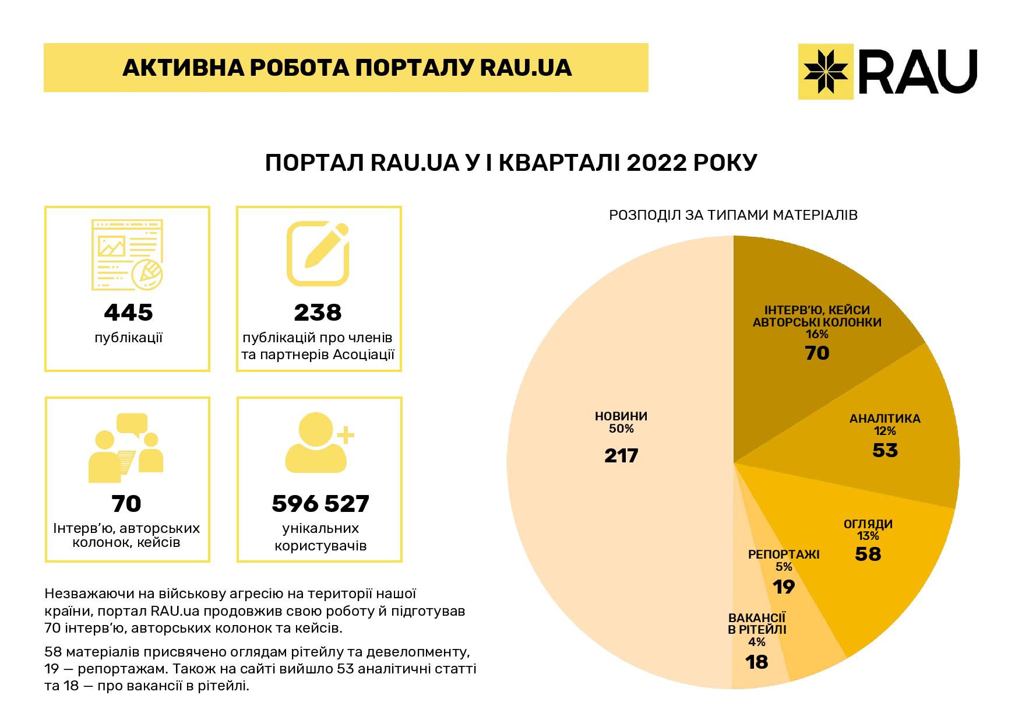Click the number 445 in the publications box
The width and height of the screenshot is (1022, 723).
click(x=128, y=313)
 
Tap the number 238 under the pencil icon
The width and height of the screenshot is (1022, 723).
click(x=318, y=313)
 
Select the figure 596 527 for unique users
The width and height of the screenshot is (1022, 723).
click(x=320, y=504)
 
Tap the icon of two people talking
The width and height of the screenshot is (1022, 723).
click(x=126, y=447)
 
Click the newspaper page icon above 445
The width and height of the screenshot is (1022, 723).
click(x=128, y=255)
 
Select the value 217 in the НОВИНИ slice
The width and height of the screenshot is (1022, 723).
click(x=621, y=455)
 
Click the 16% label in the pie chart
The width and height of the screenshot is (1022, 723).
click(x=817, y=335)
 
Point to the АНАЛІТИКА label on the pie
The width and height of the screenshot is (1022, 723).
click(x=884, y=419)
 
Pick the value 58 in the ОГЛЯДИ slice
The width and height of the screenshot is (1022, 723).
click(x=868, y=553)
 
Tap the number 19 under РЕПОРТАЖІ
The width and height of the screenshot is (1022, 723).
click(x=784, y=587)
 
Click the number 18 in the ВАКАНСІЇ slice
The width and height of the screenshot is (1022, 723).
click(x=757, y=662)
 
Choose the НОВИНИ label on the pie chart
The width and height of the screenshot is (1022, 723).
click(x=621, y=416)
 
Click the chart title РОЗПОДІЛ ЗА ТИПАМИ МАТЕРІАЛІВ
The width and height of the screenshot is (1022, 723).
click(x=733, y=215)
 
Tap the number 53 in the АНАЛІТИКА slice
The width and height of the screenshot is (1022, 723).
click(x=885, y=450)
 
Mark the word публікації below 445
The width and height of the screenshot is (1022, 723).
click(x=128, y=338)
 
